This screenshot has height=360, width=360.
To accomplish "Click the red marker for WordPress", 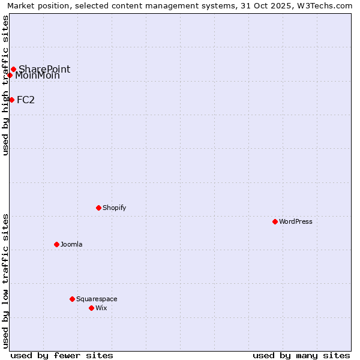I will coord(275,221).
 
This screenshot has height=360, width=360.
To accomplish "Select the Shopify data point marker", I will coord(98,208).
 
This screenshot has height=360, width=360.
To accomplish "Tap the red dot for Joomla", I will coord(56,244).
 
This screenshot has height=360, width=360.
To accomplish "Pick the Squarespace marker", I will coord(72,299).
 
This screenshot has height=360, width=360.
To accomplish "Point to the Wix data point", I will coord(91,308).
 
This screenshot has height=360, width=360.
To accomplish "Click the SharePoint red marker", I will coord(13,69).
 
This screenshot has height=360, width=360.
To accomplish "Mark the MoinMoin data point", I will coord(10,75).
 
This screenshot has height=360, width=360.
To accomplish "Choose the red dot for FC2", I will coord(11,100).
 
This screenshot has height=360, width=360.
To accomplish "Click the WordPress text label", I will coord(296,221).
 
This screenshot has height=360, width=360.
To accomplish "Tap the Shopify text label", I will coord(114,208).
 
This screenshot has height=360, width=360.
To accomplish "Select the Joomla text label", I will coord(71,244).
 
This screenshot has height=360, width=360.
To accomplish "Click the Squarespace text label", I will coord(97,299).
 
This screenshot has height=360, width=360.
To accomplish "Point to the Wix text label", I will coord(101,308).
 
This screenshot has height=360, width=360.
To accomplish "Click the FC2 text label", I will coord(26,100).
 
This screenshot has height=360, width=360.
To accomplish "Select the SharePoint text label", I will coord(44,69).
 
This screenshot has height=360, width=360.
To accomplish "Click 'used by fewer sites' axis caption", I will coord(62,355).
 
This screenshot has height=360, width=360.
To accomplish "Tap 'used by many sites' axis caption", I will coord(301,355).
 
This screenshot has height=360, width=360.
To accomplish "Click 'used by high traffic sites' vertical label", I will coord(5,85).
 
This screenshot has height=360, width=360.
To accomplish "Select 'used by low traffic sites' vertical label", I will coord(5,281).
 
